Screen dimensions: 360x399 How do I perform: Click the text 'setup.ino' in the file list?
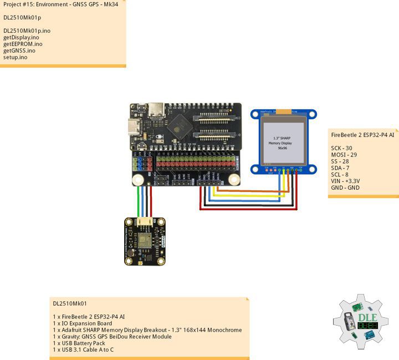coord(16,57)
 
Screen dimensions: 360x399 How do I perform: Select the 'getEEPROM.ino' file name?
coord(23,44)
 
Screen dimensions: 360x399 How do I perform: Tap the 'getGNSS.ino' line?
coord(19,50)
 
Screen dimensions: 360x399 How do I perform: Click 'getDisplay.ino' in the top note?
coord(21,37)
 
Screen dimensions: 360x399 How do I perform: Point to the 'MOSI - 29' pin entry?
coord(344,155)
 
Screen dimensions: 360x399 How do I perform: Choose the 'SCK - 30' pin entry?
coord(342,148)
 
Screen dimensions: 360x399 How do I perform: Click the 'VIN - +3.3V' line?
coord(346,181)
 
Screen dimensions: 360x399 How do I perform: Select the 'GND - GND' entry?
coord(345,188)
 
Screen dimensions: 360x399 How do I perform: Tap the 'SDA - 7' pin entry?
coord(340,168)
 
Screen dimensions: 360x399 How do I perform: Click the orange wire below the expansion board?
coord(244,191)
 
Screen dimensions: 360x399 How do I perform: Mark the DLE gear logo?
coord(360,322)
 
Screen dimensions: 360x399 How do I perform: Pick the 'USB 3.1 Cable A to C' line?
coord(83,350)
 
